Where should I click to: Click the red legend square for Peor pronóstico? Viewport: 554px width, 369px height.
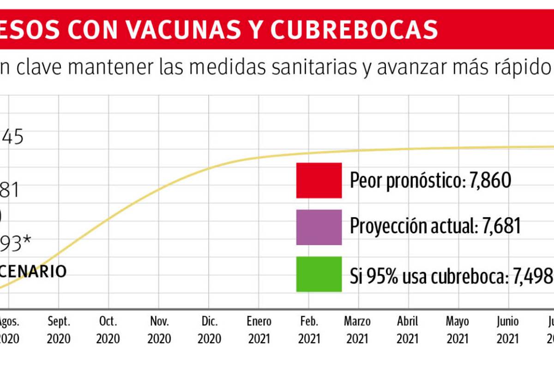tap(319, 180)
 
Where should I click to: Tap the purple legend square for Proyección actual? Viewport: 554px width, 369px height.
tap(319, 227)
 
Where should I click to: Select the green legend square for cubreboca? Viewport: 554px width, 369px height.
tap(319, 274)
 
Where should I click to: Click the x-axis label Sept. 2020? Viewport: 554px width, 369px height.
tap(59, 330)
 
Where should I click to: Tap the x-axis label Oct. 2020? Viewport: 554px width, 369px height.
tap(108, 330)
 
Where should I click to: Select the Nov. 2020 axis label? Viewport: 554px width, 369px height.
tap(159, 330)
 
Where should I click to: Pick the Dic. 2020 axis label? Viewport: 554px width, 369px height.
tap(209, 330)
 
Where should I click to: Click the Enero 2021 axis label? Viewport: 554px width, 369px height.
tap(259, 330)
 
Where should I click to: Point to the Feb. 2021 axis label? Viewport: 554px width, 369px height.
tap(309, 330)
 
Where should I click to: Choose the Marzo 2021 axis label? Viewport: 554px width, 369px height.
tap(357, 330)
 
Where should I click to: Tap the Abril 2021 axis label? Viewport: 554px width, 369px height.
tap(407, 330)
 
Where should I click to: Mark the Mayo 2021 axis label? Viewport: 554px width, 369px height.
tap(458, 330)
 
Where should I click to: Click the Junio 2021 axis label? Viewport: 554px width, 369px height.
tap(508, 330)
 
